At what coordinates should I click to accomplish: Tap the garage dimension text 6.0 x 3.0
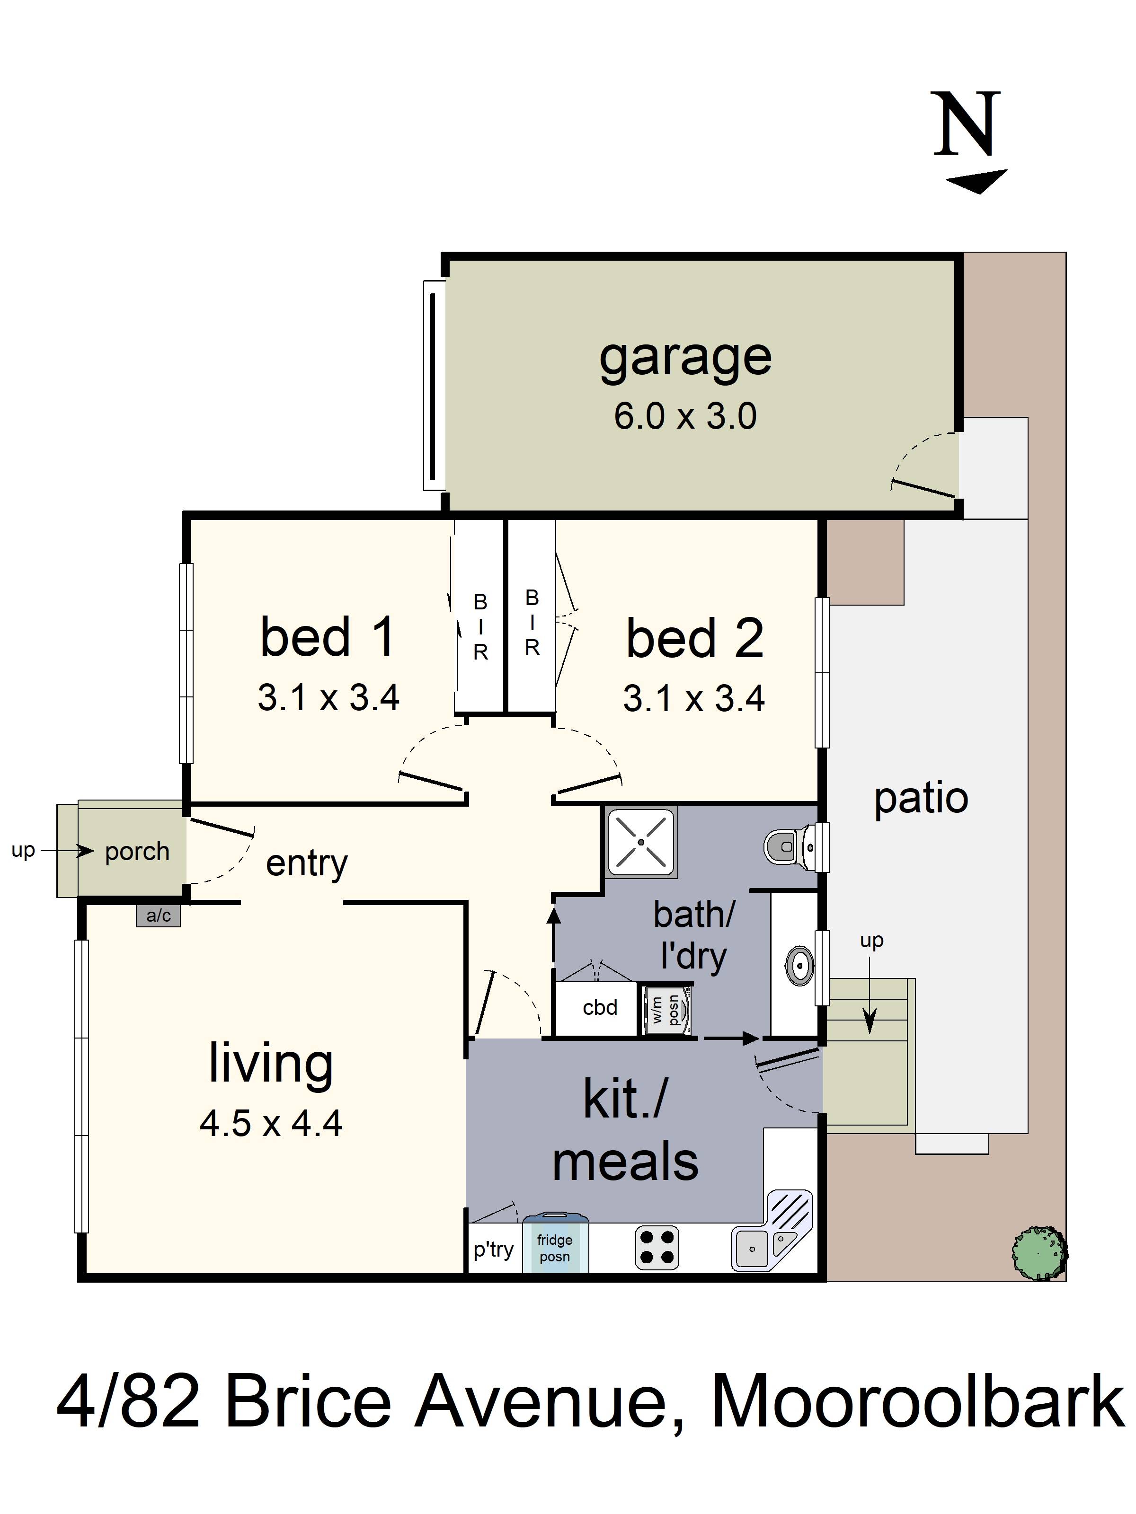pos(685,416)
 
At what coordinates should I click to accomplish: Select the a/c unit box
pos(158,915)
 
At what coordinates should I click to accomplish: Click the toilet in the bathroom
pos(788,847)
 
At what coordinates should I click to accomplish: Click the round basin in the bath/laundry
pos(799,964)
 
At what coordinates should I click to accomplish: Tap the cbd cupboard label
pos(600,1007)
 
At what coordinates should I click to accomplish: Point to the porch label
pos(137,852)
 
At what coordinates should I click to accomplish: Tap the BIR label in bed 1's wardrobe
pos(481,627)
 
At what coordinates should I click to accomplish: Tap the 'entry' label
pos(307,864)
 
